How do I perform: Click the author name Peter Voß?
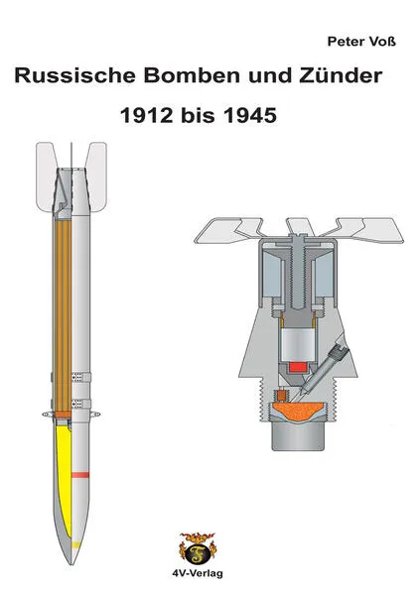pos(361,42)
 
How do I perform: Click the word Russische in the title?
pos(74,75)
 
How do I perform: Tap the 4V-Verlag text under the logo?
pos(198,573)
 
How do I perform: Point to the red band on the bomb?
pos(80,475)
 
